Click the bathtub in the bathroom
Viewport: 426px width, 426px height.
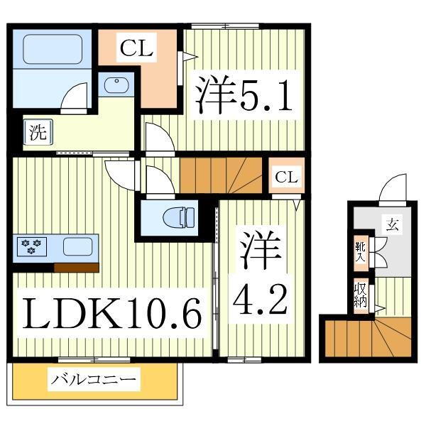tap(53, 50)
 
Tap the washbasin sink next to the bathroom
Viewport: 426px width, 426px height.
tap(115, 86)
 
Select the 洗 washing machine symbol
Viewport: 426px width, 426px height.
tap(37, 131)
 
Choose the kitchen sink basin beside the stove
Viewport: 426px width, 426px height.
tap(78, 247)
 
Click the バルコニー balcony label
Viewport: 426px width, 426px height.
tap(92, 381)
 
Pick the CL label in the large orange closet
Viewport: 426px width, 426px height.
tap(136, 49)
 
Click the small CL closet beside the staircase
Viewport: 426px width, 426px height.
tap(285, 177)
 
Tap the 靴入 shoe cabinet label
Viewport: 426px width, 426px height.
tap(361, 251)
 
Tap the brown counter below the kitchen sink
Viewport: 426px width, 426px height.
tap(76, 268)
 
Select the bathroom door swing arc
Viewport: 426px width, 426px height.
tap(74, 98)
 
